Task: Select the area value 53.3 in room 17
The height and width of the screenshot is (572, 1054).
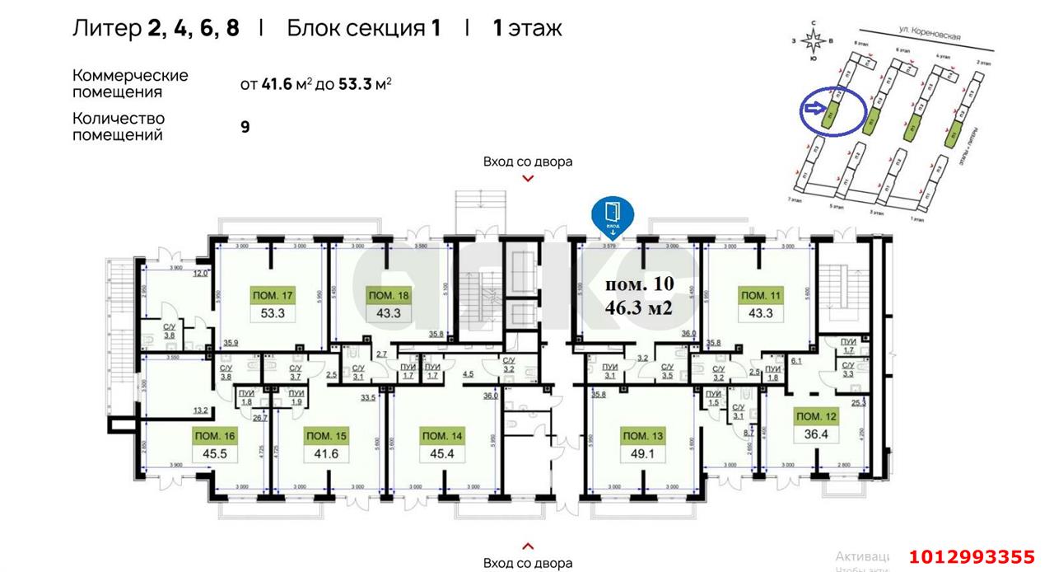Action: coord(273,313)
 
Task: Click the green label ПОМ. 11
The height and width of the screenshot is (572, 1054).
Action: coord(760,296)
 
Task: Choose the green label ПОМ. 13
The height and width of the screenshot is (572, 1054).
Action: coord(645,435)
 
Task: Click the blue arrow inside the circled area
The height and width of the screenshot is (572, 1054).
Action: coord(815,107)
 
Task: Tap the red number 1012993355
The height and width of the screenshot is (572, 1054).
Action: coord(972,556)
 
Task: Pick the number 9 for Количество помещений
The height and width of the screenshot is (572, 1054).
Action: coord(245,127)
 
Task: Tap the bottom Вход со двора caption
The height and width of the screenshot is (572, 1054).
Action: coord(528,563)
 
